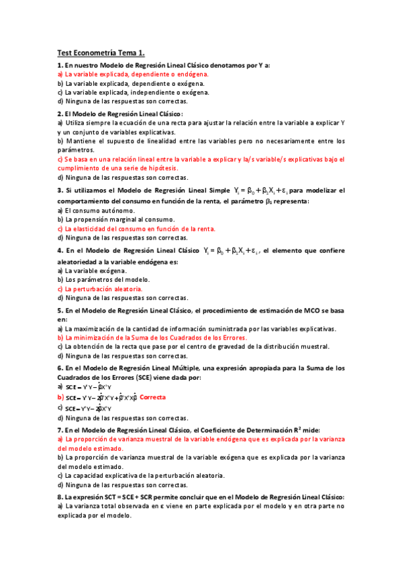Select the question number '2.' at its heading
[x=60, y=113]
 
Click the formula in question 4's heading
[x=232, y=251]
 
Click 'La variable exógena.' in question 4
[x=93, y=270]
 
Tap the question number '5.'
[x=60, y=311]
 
